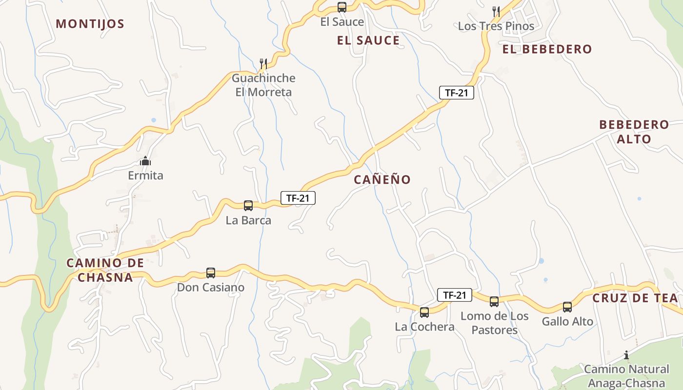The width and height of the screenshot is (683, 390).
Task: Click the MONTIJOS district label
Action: pos(90,24)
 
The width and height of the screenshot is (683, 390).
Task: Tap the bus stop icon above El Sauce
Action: pos(342,7)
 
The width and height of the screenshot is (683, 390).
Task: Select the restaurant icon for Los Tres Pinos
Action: pos(496,11)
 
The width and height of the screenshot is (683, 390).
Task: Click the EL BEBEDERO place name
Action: pos(547,49)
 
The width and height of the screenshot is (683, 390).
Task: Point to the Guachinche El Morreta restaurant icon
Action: pos(263,63)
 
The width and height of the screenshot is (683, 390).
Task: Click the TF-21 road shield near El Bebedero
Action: pos(457,93)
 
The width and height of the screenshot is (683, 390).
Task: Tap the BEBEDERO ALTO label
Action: pos(634,132)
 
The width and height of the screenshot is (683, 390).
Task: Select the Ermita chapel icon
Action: pos(145,161)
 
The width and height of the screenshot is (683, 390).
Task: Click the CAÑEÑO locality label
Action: pos(382,179)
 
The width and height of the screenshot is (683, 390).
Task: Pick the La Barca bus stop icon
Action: pos(248,206)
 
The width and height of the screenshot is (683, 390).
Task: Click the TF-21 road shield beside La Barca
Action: pos(298,198)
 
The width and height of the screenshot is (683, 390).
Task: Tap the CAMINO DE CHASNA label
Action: pos(105,270)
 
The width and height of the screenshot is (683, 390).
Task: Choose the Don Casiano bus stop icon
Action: pos(211,273)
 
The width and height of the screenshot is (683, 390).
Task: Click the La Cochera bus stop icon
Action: pos(424,312)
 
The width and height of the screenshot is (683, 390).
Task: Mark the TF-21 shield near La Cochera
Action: pos(455,295)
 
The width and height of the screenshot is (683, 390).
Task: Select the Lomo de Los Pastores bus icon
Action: pos(494,302)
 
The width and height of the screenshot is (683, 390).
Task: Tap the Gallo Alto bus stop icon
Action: pos(567,307)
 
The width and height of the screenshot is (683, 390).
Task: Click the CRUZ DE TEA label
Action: pos(635,298)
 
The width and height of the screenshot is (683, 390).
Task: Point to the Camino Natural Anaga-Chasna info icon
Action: pos(626,355)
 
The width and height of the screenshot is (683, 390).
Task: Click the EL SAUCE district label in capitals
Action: pos(368,40)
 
